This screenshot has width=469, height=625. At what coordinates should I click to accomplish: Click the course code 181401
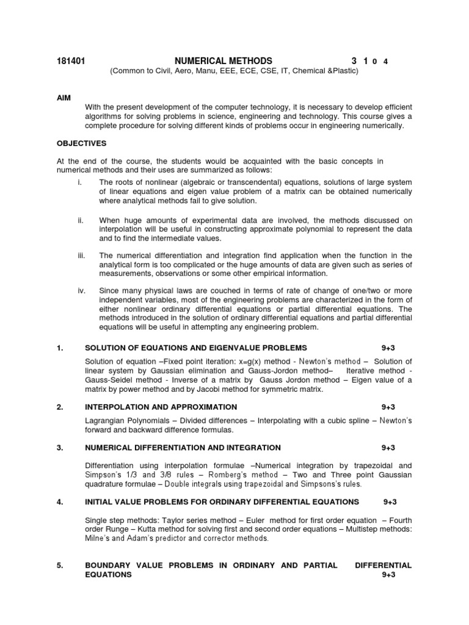tap(70, 60)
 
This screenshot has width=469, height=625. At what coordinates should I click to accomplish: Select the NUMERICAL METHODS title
tap(224, 60)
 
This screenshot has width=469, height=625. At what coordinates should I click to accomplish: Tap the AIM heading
tap(64, 98)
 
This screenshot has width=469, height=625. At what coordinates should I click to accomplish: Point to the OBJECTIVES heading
tap(82, 143)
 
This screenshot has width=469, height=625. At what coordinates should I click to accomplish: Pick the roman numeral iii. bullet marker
tap(81, 255)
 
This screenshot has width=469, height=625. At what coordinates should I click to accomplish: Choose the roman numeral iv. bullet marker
tap(81, 291)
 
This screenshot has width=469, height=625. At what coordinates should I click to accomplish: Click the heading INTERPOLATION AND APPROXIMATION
tap(161, 406)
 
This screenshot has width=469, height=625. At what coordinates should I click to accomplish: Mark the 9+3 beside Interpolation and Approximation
tap(389, 406)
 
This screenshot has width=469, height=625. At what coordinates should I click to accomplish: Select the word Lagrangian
tap(106, 421)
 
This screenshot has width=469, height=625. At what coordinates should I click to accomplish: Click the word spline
tap(352, 421)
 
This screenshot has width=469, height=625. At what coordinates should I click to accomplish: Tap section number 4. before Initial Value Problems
tap(60, 502)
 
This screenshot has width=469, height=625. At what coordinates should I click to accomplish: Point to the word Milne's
tap(100, 539)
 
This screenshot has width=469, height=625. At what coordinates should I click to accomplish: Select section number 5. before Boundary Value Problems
tap(60, 566)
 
